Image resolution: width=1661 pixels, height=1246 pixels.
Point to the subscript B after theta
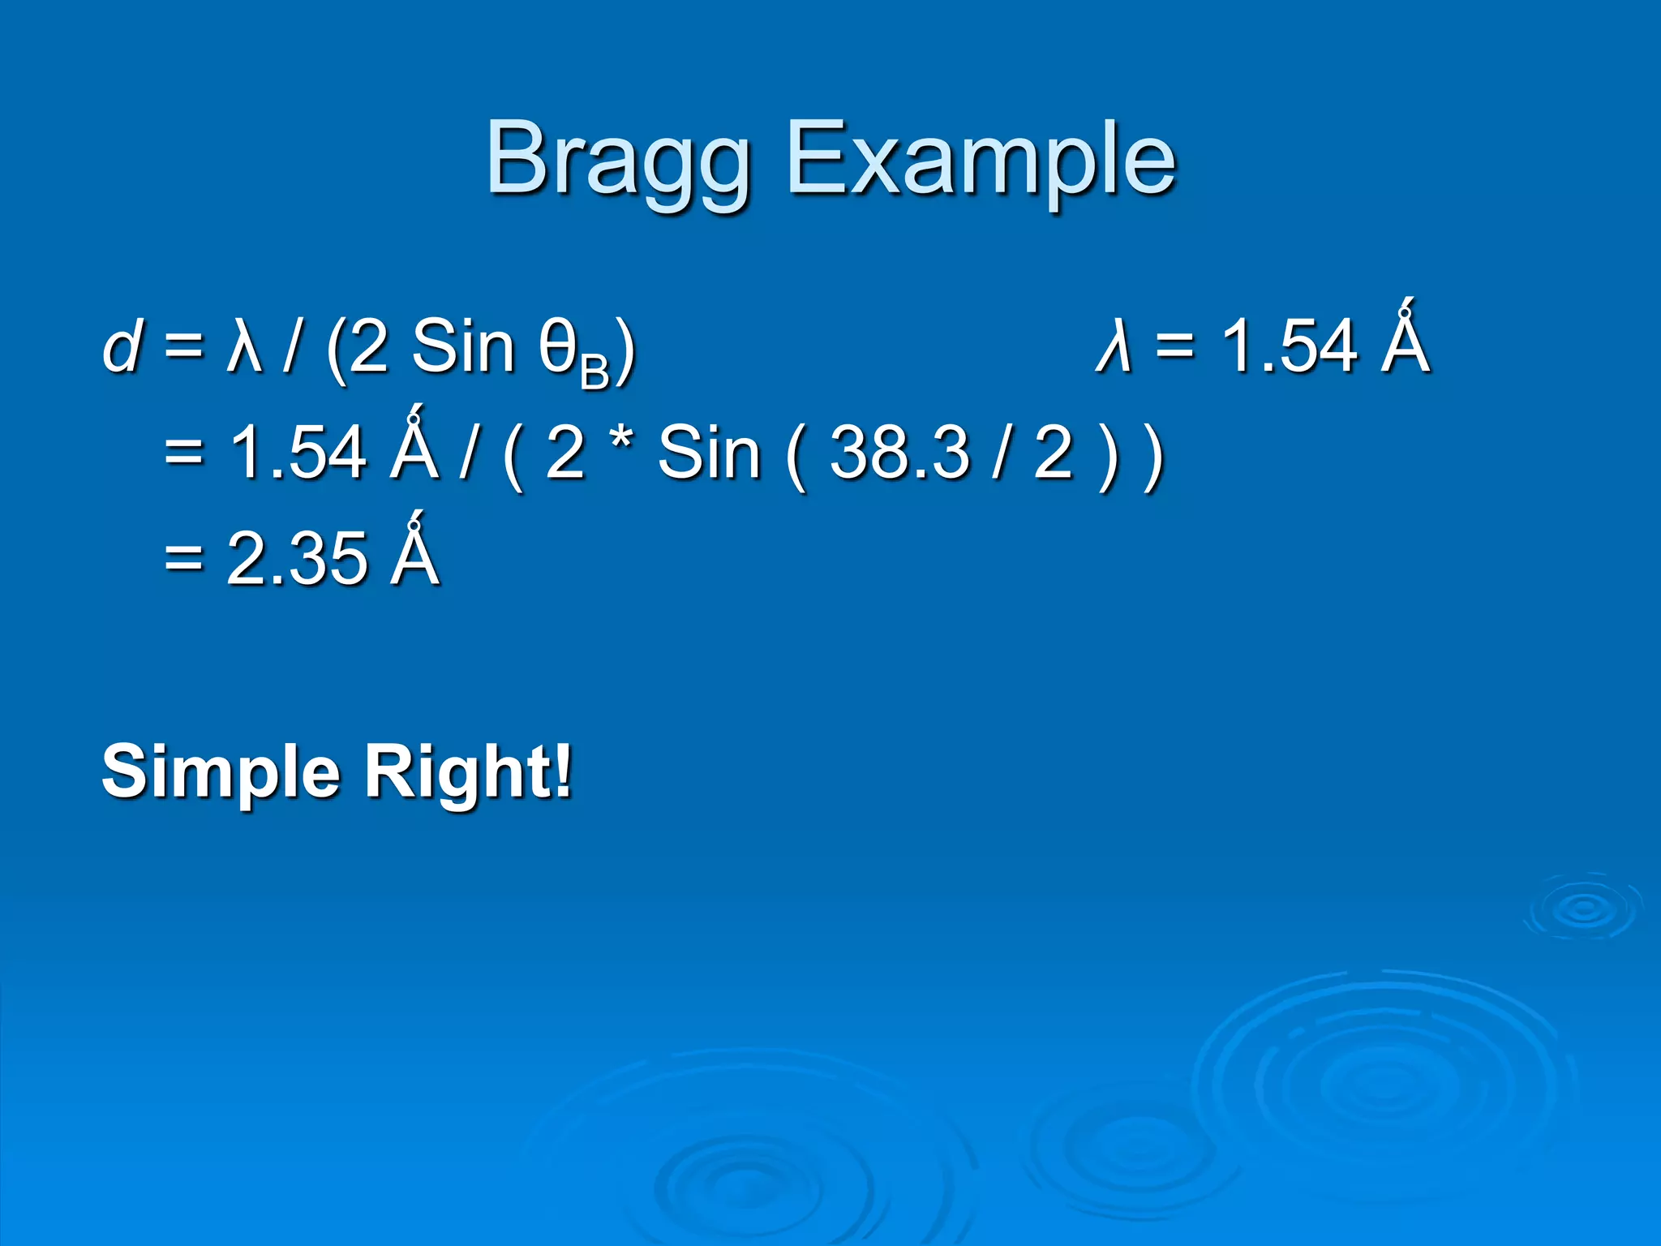coord(594,374)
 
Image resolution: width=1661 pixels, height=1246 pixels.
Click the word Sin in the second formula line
coord(708,453)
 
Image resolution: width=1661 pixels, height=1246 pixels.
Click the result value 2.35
coord(296,558)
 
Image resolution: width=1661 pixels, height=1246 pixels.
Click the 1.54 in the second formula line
coord(298,453)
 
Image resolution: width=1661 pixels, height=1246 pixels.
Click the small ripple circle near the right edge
coord(1582,908)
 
